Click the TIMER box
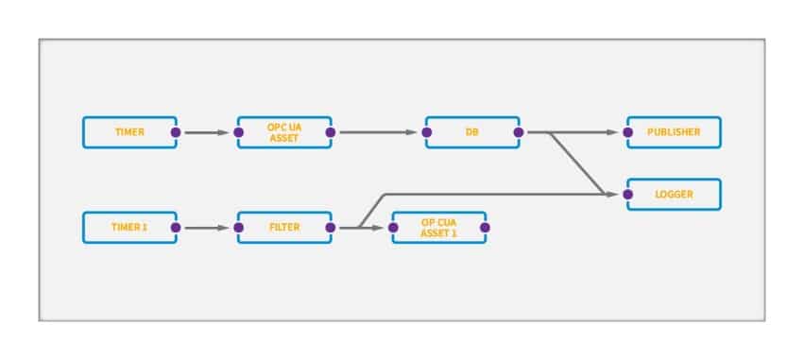129,132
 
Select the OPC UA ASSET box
284,132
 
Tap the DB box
471,132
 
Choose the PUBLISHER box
674,132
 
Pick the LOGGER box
674,195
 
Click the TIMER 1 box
129,228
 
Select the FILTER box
284,228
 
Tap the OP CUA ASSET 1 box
439,228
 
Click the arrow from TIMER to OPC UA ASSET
206,132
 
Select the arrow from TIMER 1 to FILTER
206,228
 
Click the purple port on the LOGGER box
627,195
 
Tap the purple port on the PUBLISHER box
627,132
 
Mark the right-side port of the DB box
518,132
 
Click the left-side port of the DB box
427,132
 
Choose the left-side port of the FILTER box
238,228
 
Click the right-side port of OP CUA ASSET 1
485,228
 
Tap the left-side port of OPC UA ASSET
238,132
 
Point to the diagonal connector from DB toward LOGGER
578,164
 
